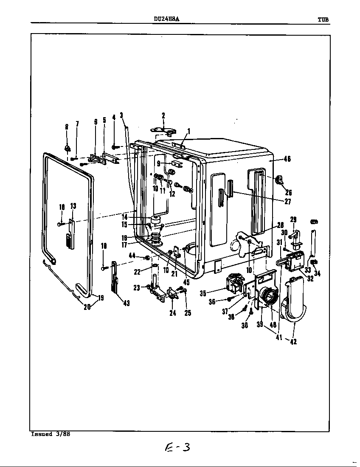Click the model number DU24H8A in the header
(163, 19)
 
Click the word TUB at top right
(323, 19)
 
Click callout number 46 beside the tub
(287, 159)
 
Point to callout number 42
(293, 342)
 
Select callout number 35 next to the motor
(203, 293)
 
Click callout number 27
(287, 202)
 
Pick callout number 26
(289, 192)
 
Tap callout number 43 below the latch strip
(126, 303)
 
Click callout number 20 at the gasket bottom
(87, 307)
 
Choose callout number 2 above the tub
(163, 115)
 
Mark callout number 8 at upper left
(67, 127)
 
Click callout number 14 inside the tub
(124, 217)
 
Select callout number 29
(293, 219)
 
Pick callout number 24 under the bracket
(172, 313)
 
